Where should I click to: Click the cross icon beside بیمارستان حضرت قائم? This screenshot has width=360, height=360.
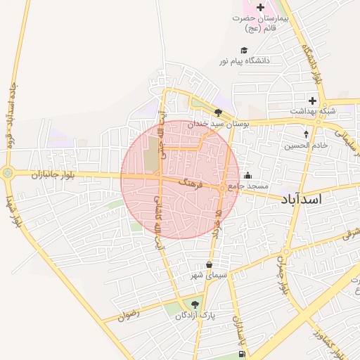(x=261, y=7)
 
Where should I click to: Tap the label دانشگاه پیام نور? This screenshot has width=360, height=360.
(x=246, y=61)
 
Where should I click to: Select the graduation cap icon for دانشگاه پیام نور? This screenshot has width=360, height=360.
(x=244, y=51)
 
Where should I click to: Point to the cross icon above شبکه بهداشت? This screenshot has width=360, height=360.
(x=312, y=101)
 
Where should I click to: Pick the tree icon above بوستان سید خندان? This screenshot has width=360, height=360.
(x=219, y=112)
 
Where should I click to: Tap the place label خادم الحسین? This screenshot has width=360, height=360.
(x=307, y=146)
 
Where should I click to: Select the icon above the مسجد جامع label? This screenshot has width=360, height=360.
(x=247, y=176)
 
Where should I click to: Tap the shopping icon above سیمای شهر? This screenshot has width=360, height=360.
(x=209, y=264)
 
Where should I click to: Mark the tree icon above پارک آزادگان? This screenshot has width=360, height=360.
(x=195, y=304)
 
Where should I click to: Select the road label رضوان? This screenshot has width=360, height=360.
(x=129, y=316)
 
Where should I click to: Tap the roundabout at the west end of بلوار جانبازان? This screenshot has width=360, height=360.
(x=8, y=172)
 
